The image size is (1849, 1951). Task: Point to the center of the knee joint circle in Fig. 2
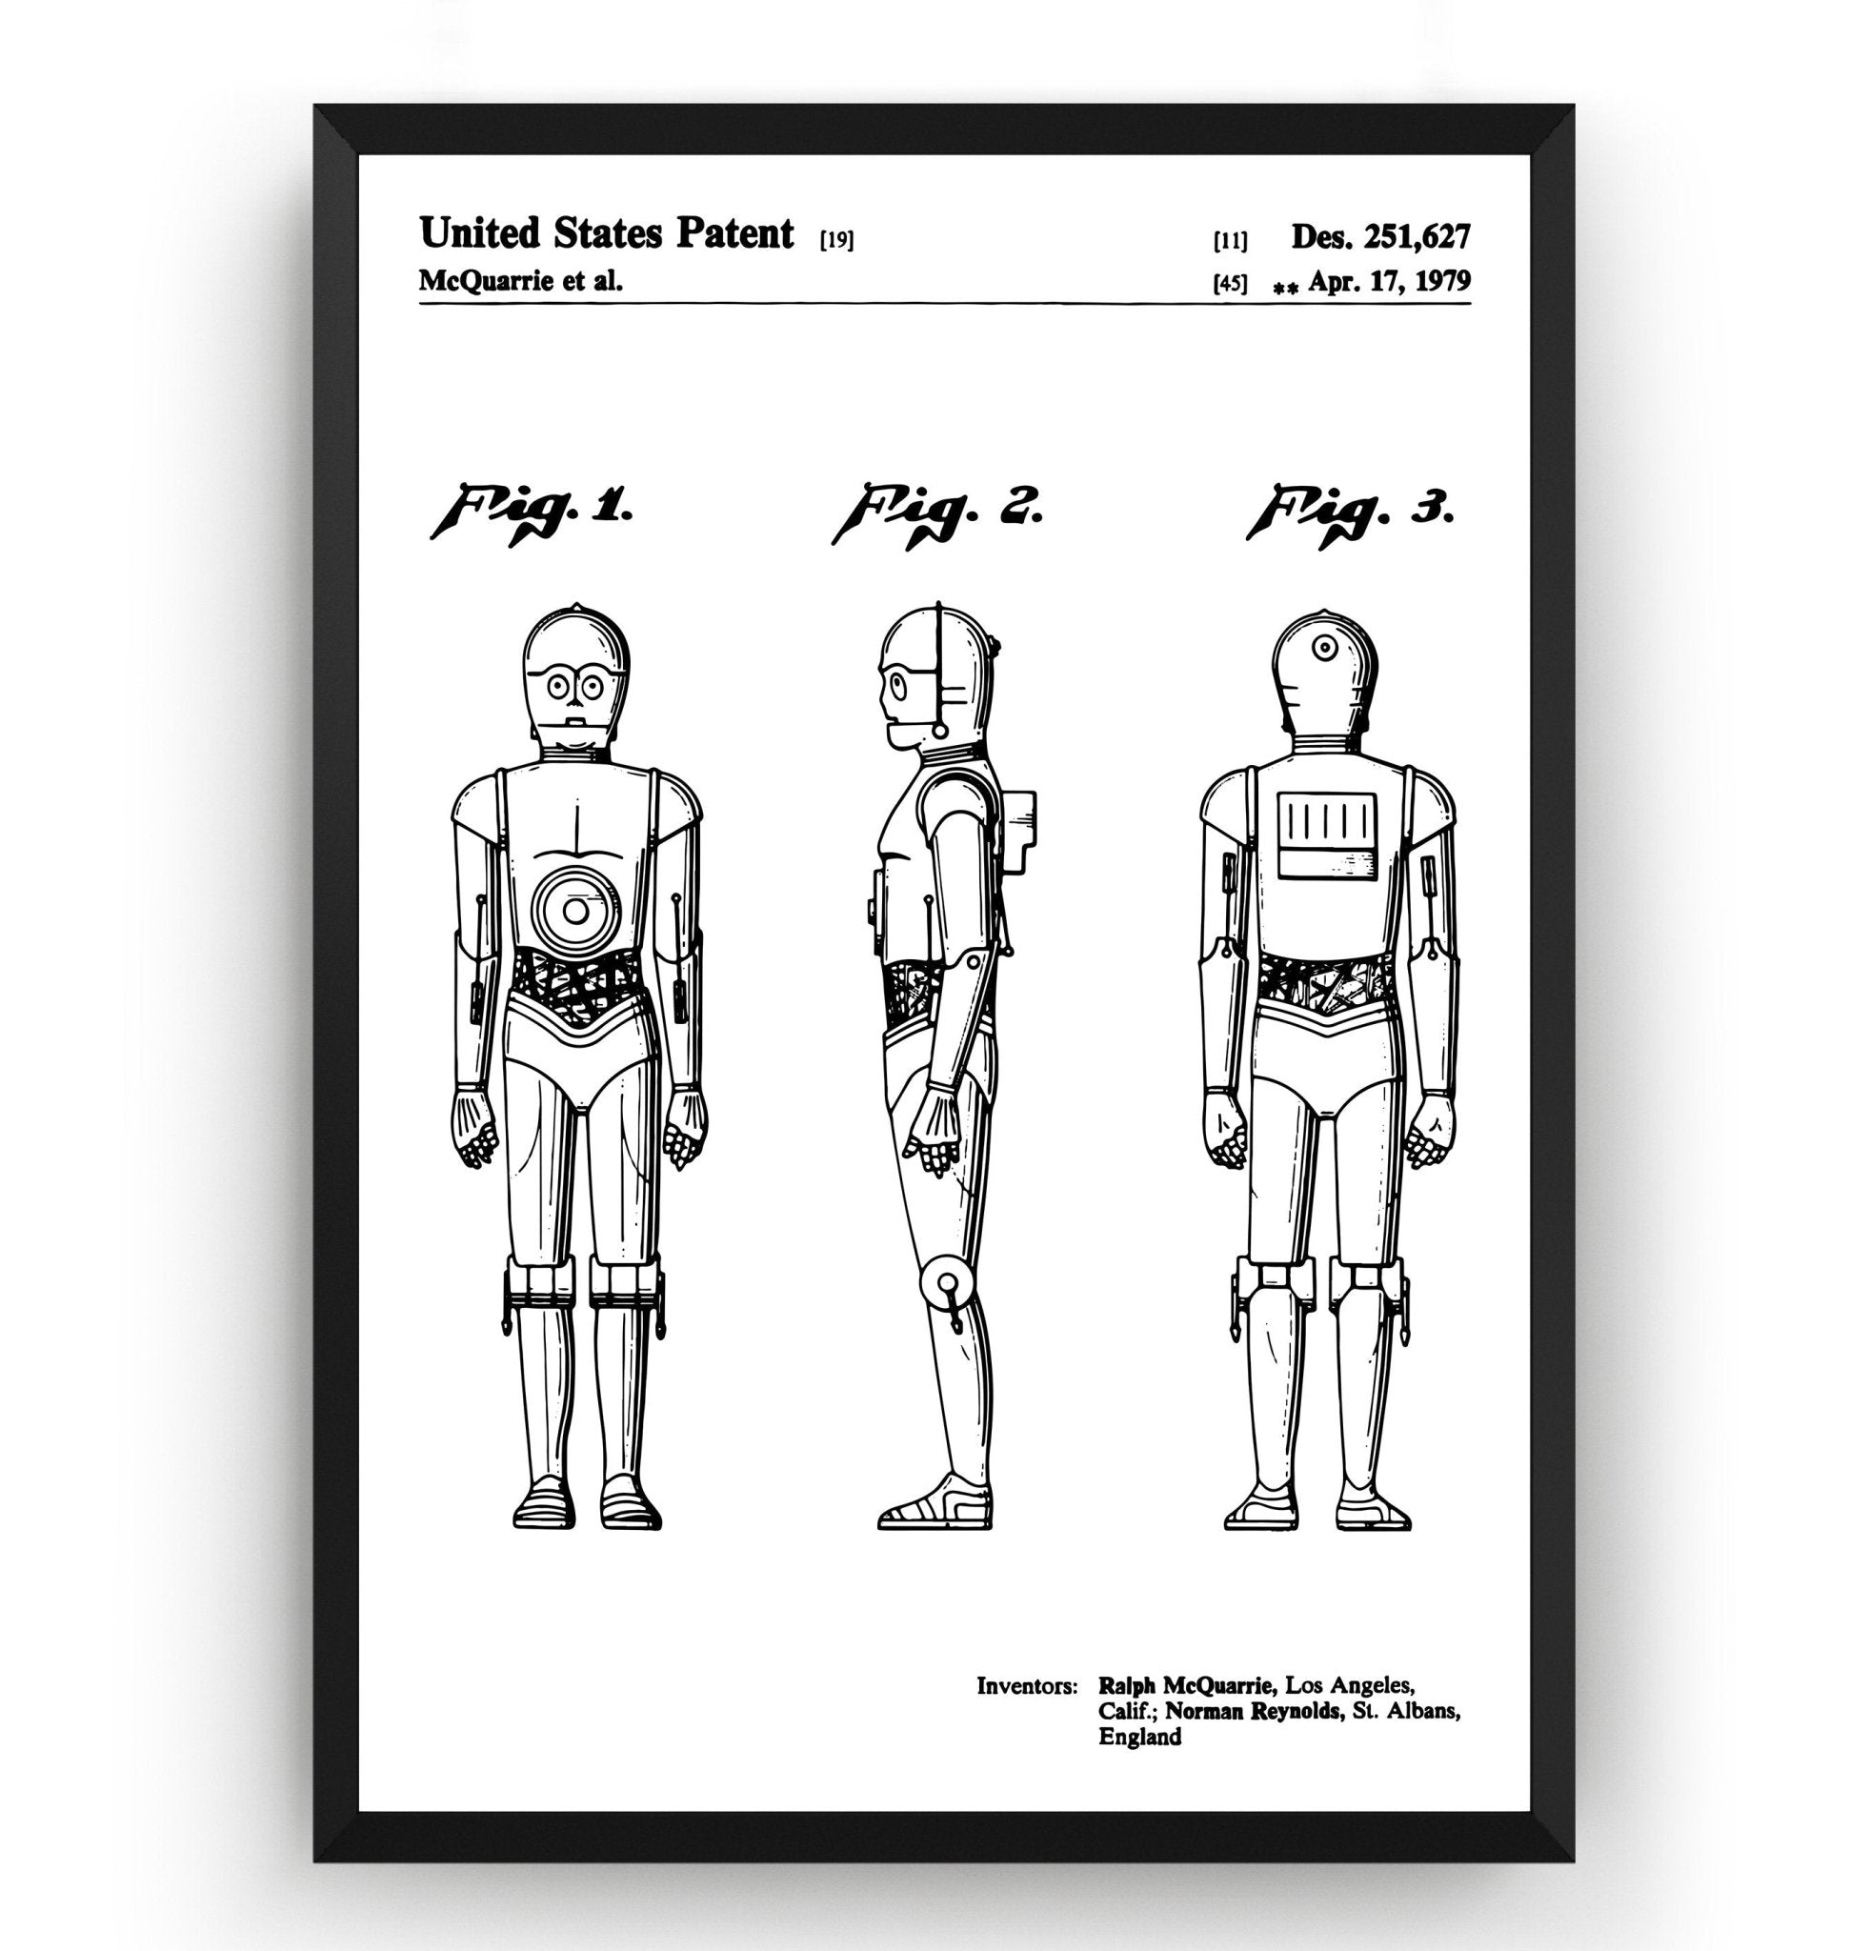point(947,1282)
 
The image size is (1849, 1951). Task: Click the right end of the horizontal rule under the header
point(1471,304)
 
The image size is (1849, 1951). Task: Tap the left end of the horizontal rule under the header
point(420,304)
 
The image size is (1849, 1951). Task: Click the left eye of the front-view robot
point(558,682)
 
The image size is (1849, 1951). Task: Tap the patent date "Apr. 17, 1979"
point(1390,282)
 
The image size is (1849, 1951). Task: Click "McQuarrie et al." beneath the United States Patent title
point(521,281)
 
